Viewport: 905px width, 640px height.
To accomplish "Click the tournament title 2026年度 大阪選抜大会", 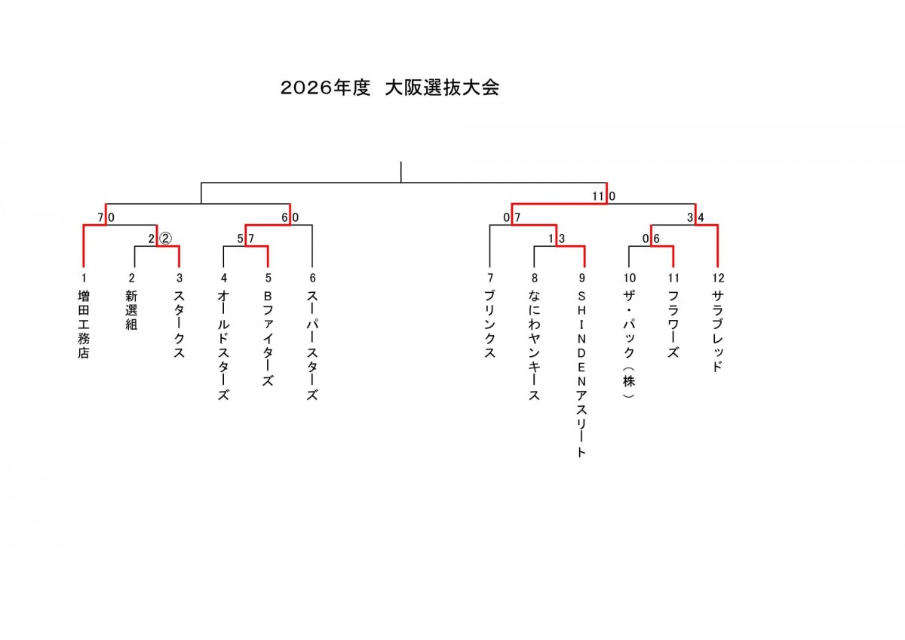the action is (390, 88).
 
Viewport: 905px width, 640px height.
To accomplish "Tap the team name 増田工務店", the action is (84, 325).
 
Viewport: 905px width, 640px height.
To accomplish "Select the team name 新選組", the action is (131, 310).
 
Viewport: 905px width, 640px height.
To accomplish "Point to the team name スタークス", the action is (179, 325).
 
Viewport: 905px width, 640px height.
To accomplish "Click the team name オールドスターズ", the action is (223, 346).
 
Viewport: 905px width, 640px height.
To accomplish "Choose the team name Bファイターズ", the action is (268, 339).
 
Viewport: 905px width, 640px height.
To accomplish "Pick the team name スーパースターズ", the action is (312, 346).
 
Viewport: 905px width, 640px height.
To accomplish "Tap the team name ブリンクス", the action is (489, 325).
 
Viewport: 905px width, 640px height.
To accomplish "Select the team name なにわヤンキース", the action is (534, 346).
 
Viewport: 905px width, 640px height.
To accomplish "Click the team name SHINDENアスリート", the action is (581, 374).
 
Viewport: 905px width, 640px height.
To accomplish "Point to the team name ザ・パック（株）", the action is (629, 344).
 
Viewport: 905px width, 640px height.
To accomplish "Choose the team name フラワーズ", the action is (673, 325).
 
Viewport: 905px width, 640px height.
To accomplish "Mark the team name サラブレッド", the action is (717, 331).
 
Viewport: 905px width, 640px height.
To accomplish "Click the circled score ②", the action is (165, 239).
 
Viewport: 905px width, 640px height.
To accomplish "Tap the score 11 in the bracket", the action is (598, 196).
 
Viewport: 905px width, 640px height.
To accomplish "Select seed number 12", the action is (718, 278).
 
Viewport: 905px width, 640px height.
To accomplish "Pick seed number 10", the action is (630, 278).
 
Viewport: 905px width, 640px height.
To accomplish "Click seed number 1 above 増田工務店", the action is (84, 278).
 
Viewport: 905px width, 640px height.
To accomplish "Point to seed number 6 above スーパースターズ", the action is (312, 278).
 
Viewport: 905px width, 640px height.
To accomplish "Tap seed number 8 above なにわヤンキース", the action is (535, 278).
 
